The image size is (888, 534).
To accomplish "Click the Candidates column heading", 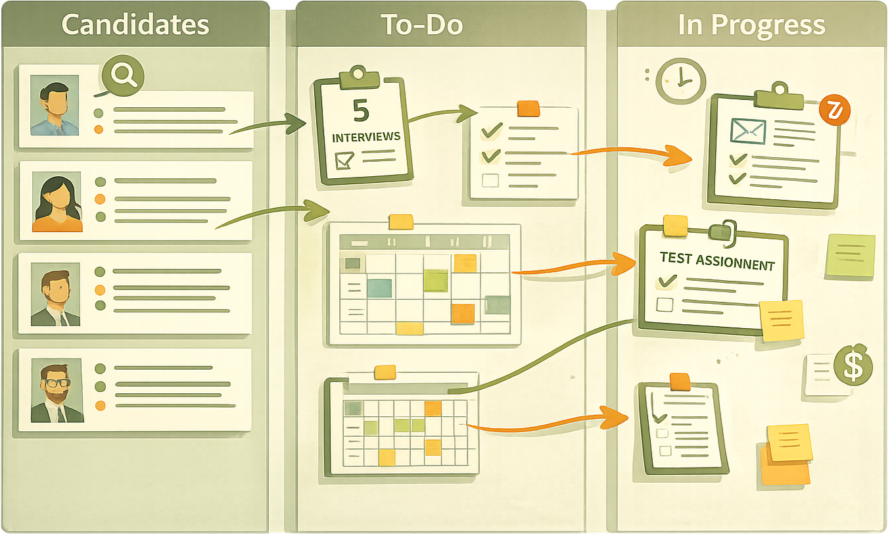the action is tap(135, 24).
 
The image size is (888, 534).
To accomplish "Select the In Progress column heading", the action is tap(752, 24).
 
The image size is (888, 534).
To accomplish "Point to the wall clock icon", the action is tap(681, 80).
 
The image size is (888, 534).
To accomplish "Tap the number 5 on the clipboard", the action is tap(361, 110).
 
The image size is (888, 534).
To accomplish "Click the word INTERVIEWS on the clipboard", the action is tap(366, 137).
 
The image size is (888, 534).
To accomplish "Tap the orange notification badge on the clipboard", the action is tap(835, 110).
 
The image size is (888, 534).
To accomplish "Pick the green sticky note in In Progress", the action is tap(850, 255).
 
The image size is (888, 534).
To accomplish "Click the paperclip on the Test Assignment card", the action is tap(722, 231).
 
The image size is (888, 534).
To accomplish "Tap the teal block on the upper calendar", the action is tap(379, 287).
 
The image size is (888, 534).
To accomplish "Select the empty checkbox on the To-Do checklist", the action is tap(490, 180).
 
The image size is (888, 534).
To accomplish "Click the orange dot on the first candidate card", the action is tap(99, 129).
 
